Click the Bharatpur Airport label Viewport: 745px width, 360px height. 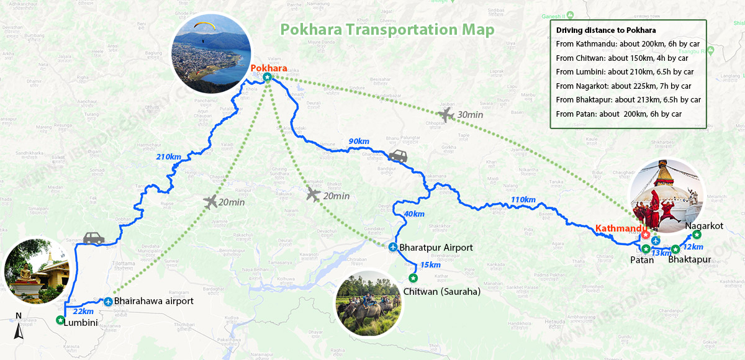(436, 248)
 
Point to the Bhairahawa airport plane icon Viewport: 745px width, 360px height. (109, 302)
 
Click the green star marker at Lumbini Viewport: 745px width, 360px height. (60, 320)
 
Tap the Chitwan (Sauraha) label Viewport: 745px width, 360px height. (442, 291)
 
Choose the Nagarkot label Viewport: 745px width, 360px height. (704, 225)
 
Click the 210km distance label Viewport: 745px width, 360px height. (168, 156)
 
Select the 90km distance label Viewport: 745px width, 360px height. (359, 142)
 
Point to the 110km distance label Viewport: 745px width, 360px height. (523, 199)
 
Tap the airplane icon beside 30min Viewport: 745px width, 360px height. (446, 115)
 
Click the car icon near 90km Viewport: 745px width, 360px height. (397, 156)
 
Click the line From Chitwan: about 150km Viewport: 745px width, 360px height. (621, 58)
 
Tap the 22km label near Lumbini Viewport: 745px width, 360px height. (83, 311)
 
